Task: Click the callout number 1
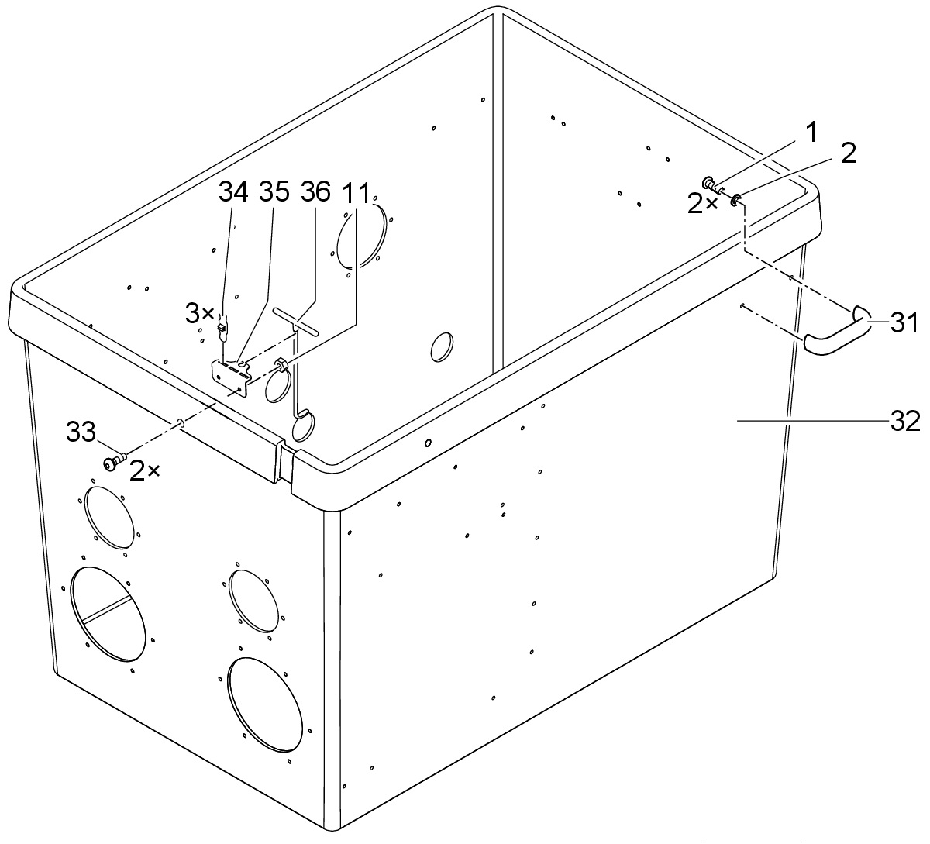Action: click(x=811, y=133)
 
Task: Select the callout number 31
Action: click(x=904, y=322)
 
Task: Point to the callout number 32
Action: click(x=905, y=421)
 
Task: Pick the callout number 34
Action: click(x=233, y=191)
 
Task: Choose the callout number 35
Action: click(x=274, y=191)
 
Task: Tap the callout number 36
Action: click(x=315, y=191)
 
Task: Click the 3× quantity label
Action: click(x=200, y=313)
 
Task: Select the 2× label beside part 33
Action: click(x=145, y=471)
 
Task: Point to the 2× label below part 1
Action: click(x=702, y=204)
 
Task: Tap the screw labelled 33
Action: click(x=114, y=463)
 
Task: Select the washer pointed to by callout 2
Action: click(x=735, y=201)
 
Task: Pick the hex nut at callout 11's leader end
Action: click(x=281, y=364)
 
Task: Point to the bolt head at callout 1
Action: click(x=709, y=183)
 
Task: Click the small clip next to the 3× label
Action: click(x=222, y=327)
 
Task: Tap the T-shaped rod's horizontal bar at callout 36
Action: click(x=296, y=321)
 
